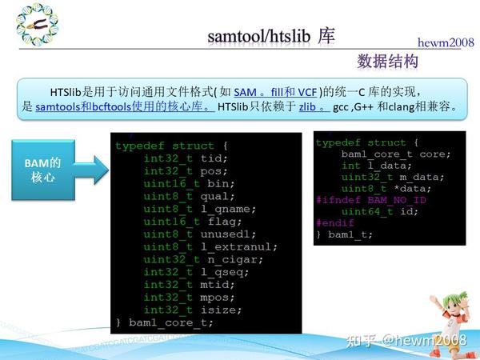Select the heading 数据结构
tap(388, 62)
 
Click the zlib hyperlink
tap(311, 106)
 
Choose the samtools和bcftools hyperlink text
tap(124, 106)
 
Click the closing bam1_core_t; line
tap(165, 322)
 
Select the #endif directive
tap(334, 222)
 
